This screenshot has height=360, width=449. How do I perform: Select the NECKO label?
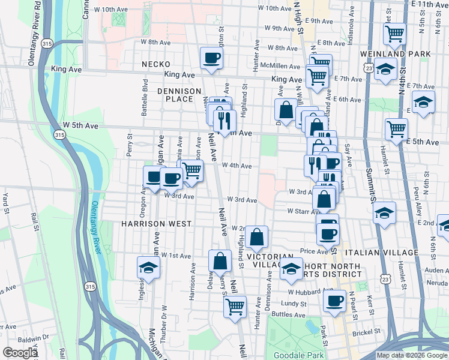pos(156,64)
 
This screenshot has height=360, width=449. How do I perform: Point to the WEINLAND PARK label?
pos(404,54)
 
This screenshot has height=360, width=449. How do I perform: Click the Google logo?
pos(20,353)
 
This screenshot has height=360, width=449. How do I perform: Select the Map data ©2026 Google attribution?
pos(412,355)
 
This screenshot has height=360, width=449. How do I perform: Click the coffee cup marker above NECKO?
pos(211,59)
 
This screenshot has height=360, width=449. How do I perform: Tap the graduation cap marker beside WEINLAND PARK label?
pos(385,67)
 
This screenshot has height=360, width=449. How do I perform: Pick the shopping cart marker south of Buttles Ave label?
pos(235,305)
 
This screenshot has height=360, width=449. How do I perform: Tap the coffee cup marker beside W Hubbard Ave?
pos(334,301)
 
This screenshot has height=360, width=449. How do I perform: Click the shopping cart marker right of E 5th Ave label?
pos(397,129)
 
